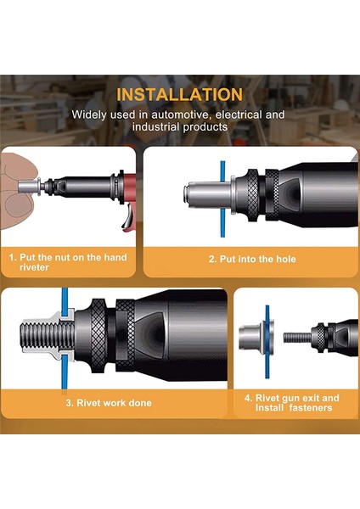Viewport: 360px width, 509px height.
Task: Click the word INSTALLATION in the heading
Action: point(180,94)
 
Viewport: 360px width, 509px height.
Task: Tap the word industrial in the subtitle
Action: point(155,126)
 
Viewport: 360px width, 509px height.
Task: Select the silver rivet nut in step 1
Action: point(29,187)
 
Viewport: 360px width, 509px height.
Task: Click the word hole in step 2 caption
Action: point(286,259)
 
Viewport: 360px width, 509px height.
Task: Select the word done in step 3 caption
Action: point(140,403)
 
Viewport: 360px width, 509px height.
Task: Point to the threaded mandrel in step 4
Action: point(297,338)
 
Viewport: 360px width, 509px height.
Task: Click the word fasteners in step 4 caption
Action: point(310,408)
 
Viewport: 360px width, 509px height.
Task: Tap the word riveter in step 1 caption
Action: point(34,267)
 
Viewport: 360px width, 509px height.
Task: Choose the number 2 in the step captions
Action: point(212,259)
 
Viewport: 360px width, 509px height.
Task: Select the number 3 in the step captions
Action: point(70,403)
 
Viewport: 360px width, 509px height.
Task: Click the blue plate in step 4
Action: point(267,342)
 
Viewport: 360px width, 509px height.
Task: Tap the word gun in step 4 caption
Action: point(290,399)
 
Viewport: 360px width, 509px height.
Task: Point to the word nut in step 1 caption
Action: point(62,257)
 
